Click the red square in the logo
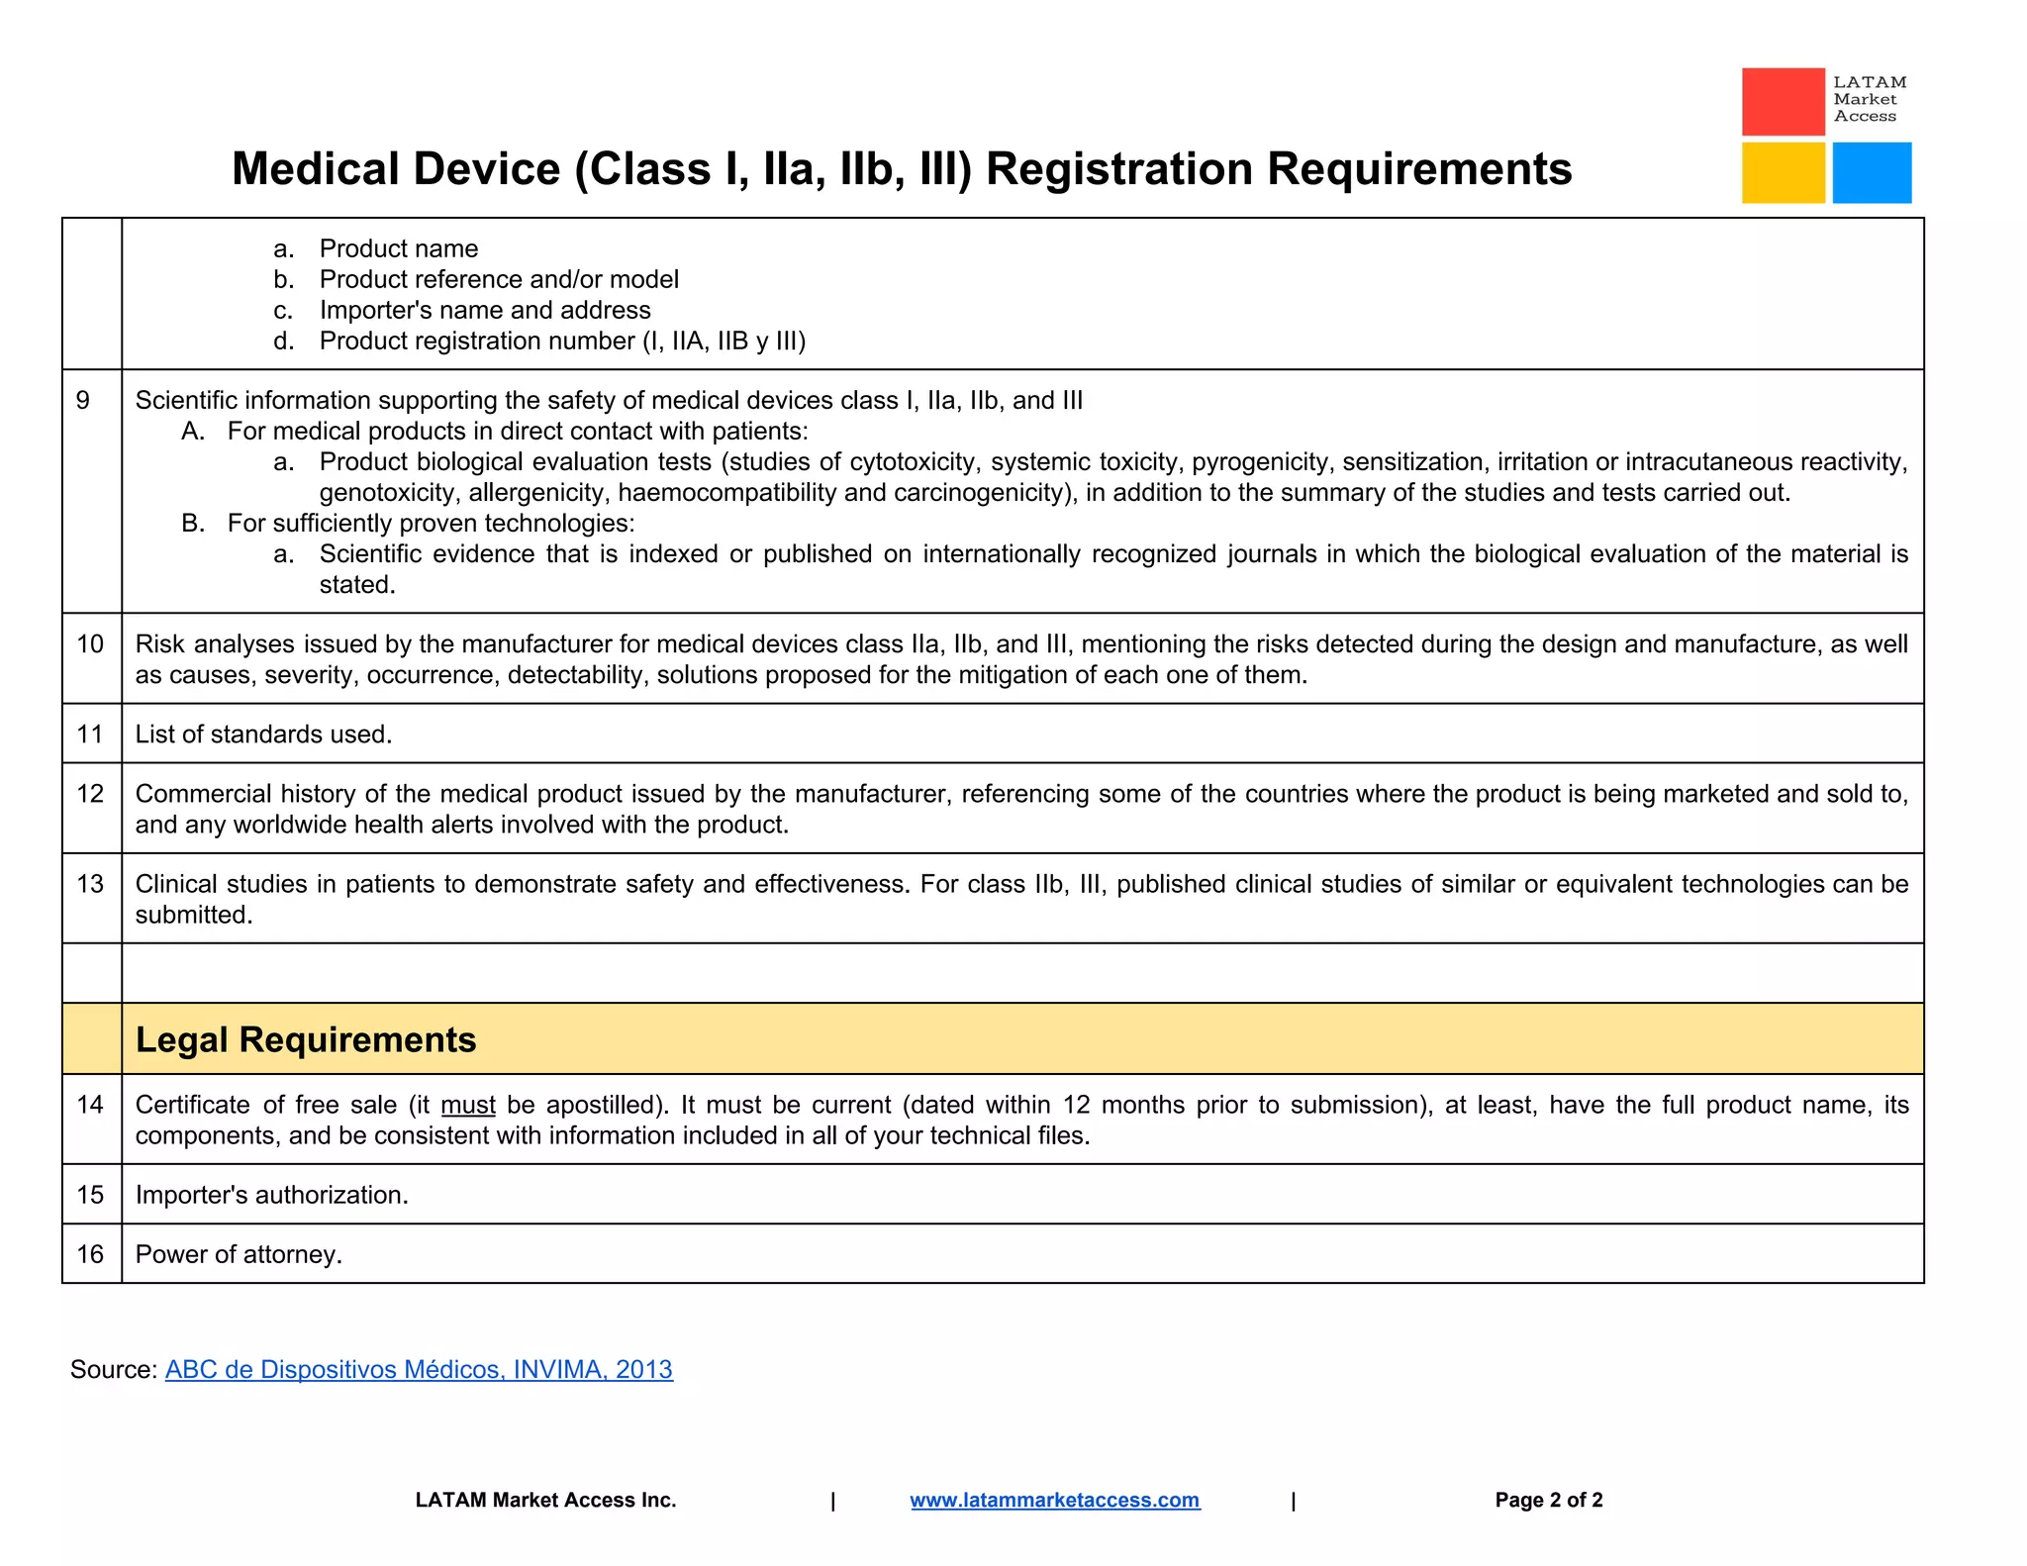coord(1783,101)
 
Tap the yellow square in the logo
coord(1783,172)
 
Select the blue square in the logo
coord(1871,172)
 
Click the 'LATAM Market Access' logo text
coord(1869,99)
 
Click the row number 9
coord(83,400)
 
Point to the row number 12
coord(90,794)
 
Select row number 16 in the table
coord(90,1254)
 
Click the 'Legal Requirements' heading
coord(306,1039)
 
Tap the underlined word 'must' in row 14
coord(468,1105)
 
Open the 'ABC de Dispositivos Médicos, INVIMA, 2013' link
coord(419,1369)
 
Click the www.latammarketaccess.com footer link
coord(1054,1500)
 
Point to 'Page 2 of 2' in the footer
coord(1548,1500)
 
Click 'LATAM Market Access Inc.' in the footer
coord(545,1500)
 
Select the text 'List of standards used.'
coord(263,734)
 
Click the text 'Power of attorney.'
coord(239,1254)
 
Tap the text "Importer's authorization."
coord(271,1195)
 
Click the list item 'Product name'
coord(398,248)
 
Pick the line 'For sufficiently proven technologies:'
coord(431,523)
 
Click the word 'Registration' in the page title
coord(1118,168)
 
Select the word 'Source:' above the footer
coord(113,1369)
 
